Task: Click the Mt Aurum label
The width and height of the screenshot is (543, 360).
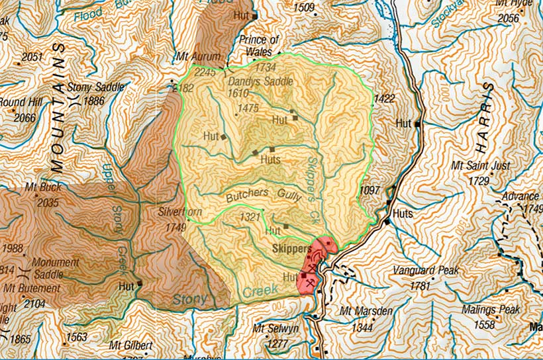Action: tap(196, 58)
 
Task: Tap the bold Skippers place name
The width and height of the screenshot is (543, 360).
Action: tap(292, 249)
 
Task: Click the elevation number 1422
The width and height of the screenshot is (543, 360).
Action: tap(384, 99)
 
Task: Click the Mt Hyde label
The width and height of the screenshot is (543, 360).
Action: tap(513, 4)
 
